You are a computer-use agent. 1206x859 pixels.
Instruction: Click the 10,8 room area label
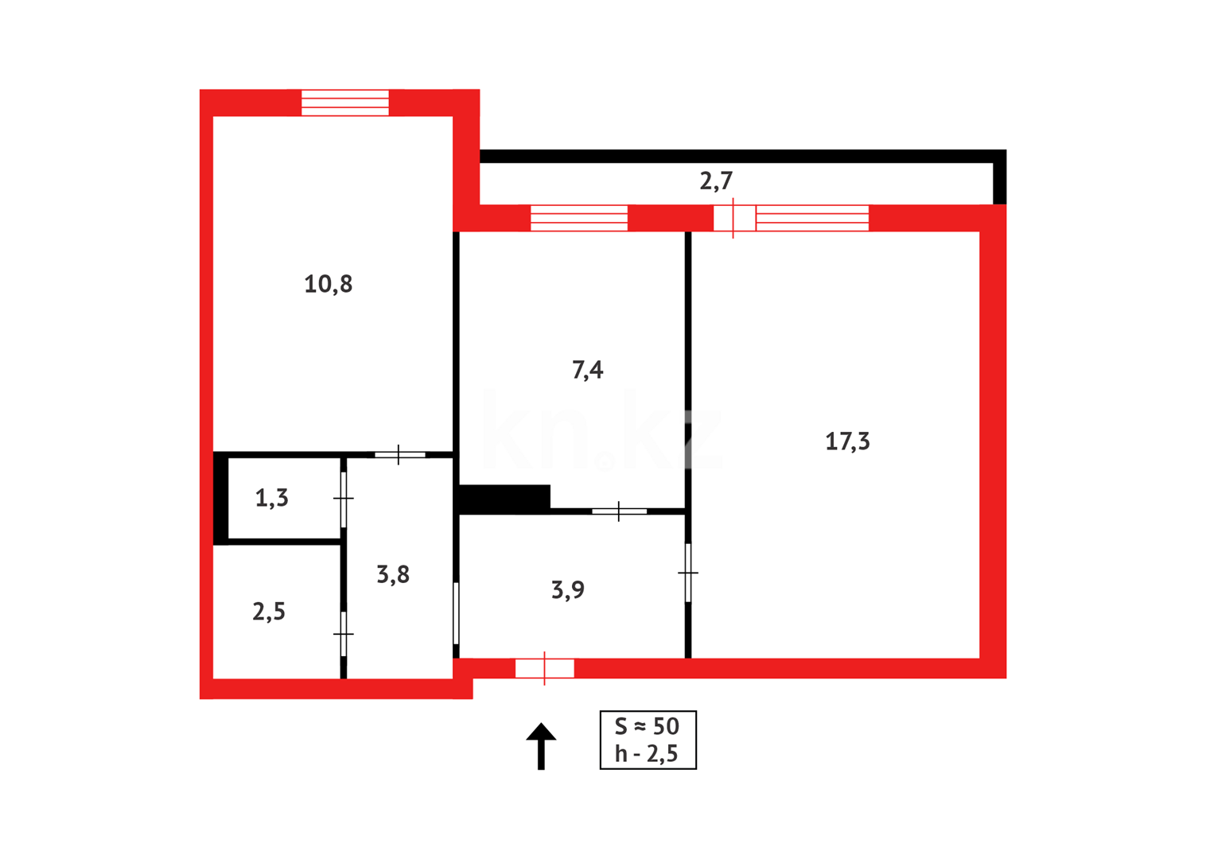click(x=328, y=284)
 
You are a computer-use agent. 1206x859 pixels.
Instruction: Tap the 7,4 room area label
click(x=587, y=370)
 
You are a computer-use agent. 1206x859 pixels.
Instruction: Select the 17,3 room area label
click(x=847, y=441)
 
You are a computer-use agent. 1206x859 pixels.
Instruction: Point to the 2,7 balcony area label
click(x=716, y=181)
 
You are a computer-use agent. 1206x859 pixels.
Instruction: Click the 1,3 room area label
click(x=271, y=499)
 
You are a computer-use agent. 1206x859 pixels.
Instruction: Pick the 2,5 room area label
click(x=269, y=612)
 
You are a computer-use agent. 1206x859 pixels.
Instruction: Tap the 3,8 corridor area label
click(x=393, y=574)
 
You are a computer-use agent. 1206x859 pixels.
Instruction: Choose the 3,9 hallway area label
click(x=568, y=590)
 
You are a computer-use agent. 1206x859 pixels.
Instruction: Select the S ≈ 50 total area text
click(x=648, y=726)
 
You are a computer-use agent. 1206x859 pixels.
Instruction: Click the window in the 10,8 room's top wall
click(x=345, y=103)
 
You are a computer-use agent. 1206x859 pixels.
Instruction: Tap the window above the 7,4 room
click(x=579, y=218)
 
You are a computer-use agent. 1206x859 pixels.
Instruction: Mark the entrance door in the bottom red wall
click(x=545, y=669)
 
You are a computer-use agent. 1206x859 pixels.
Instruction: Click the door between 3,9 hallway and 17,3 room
click(x=688, y=573)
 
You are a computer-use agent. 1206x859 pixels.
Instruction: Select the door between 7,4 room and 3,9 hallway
click(x=619, y=511)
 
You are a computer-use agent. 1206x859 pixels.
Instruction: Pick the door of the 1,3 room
click(x=344, y=499)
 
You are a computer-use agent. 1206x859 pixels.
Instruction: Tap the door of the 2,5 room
click(x=344, y=634)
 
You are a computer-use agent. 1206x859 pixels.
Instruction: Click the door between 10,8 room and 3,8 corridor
click(x=399, y=455)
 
